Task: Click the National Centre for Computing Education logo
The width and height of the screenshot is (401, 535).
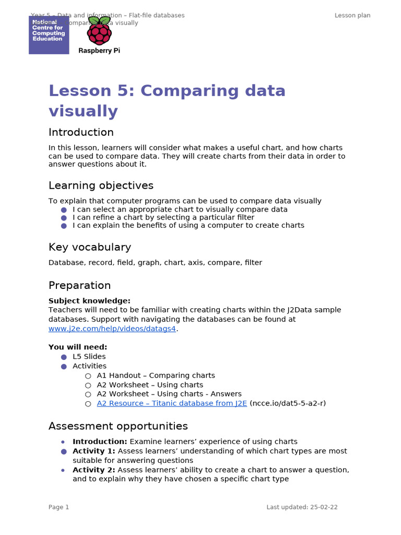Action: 49,34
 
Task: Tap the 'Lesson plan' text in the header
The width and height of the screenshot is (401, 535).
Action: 352,15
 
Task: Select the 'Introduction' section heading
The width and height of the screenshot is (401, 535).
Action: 81,132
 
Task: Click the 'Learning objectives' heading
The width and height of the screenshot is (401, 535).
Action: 101,185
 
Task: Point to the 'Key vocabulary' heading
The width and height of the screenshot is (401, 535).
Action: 89,247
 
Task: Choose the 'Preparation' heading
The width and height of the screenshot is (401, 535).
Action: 79,285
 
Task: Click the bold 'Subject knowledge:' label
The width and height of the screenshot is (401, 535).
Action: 89,301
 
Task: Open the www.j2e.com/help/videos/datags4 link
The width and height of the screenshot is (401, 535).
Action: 112,329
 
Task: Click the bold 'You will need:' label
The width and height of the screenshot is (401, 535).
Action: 78,347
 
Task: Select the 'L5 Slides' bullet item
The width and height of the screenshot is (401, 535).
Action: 89,357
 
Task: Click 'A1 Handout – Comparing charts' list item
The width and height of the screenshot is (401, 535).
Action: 156,376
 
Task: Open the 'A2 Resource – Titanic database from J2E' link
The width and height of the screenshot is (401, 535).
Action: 172,403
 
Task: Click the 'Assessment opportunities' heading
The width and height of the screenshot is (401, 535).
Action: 118,426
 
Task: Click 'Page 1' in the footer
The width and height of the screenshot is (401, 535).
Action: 58,507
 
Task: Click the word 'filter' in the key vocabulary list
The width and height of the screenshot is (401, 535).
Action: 253,263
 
